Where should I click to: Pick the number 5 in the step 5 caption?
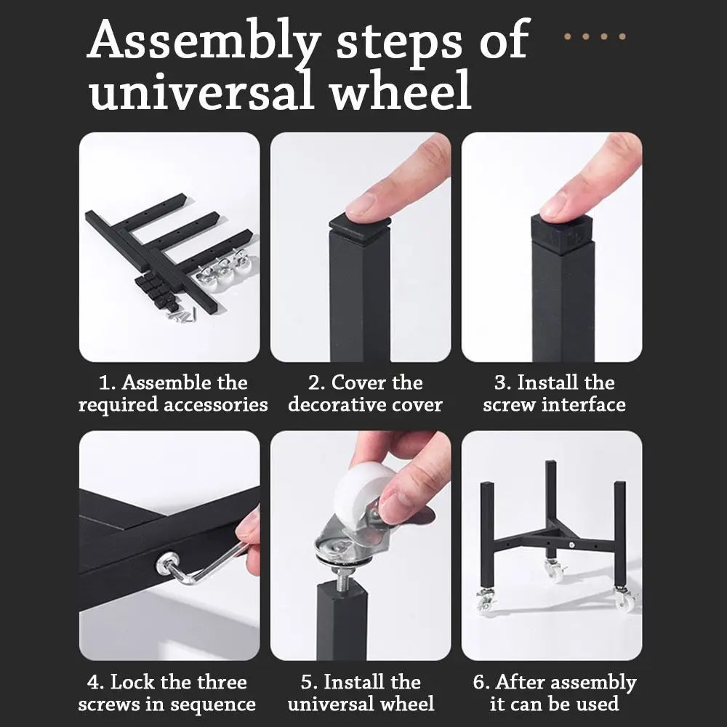click(x=307, y=683)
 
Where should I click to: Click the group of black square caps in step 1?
click(x=156, y=292)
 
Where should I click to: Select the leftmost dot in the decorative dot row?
click(x=568, y=36)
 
